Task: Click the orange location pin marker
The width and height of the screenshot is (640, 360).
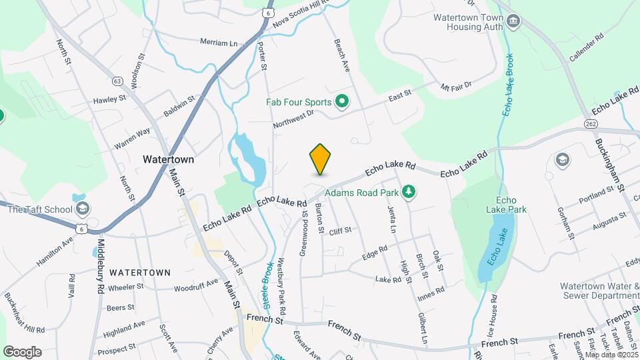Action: pos(320,159)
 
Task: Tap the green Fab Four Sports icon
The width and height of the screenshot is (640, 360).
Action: pos(342,102)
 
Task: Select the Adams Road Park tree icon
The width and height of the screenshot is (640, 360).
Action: pos(409,193)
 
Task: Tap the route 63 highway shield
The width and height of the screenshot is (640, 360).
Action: pos(118,81)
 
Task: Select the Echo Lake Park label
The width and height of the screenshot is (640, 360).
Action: pos(511,205)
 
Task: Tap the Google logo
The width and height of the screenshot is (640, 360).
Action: pos(22,352)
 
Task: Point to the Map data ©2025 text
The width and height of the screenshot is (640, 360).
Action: pos(612,355)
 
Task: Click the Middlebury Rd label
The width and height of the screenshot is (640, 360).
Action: pos(101,264)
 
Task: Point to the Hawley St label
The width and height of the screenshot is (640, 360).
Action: pos(110,99)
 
